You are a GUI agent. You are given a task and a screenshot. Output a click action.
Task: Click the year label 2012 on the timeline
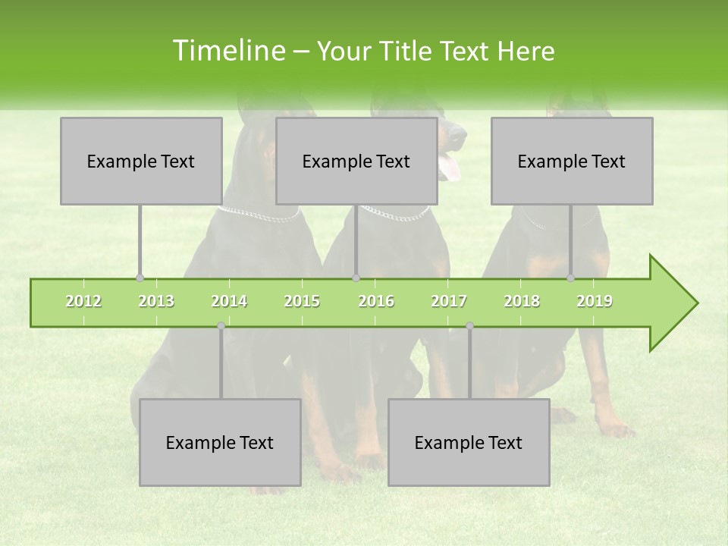click(x=83, y=301)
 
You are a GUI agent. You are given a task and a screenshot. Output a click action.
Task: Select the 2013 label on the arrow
click(x=156, y=301)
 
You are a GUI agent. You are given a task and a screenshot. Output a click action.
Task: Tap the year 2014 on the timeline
click(x=229, y=301)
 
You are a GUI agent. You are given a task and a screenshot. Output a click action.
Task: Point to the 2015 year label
click(x=302, y=301)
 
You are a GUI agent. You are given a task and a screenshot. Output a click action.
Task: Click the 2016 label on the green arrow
click(x=376, y=301)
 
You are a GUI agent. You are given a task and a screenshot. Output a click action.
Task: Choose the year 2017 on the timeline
click(x=449, y=301)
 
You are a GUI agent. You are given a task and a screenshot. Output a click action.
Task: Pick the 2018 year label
click(x=522, y=301)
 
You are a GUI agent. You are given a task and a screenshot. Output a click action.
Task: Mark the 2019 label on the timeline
click(x=595, y=301)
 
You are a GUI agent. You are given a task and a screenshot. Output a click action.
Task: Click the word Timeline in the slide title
click(x=227, y=51)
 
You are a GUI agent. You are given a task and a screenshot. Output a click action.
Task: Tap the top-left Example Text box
click(x=141, y=161)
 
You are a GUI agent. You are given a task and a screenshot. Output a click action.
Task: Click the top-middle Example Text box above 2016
click(x=356, y=161)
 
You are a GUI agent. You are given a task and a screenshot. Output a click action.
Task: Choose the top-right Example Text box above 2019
click(x=572, y=161)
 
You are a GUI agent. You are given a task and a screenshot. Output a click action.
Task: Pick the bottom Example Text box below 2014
click(x=220, y=442)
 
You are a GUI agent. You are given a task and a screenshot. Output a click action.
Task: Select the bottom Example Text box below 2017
click(x=469, y=442)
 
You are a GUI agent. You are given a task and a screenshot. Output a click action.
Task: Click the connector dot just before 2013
click(x=140, y=278)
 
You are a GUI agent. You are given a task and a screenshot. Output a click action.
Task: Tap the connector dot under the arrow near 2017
click(x=469, y=326)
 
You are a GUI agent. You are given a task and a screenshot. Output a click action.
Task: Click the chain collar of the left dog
click(x=259, y=216)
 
